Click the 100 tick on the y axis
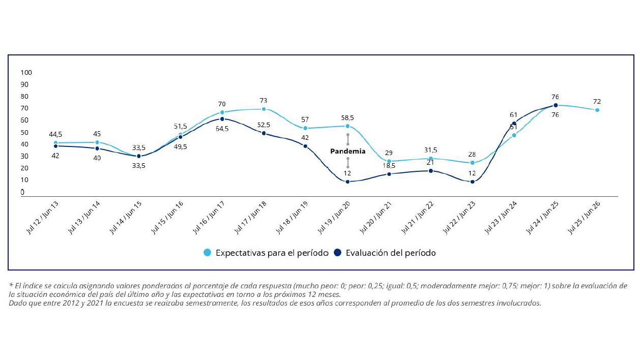(25, 72)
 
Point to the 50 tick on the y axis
(24, 132)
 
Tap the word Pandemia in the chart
(348, 152)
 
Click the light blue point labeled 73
(264, 109)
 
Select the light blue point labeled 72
(597, 110)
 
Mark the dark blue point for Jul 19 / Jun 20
(347, 182)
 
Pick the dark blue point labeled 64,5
(222, 119)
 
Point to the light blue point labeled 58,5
(347, 126)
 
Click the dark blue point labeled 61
(514, 124)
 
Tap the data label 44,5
(55, 134)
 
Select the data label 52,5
(264, 125)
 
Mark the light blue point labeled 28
(473, 163)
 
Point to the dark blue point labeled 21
(431, 171)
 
